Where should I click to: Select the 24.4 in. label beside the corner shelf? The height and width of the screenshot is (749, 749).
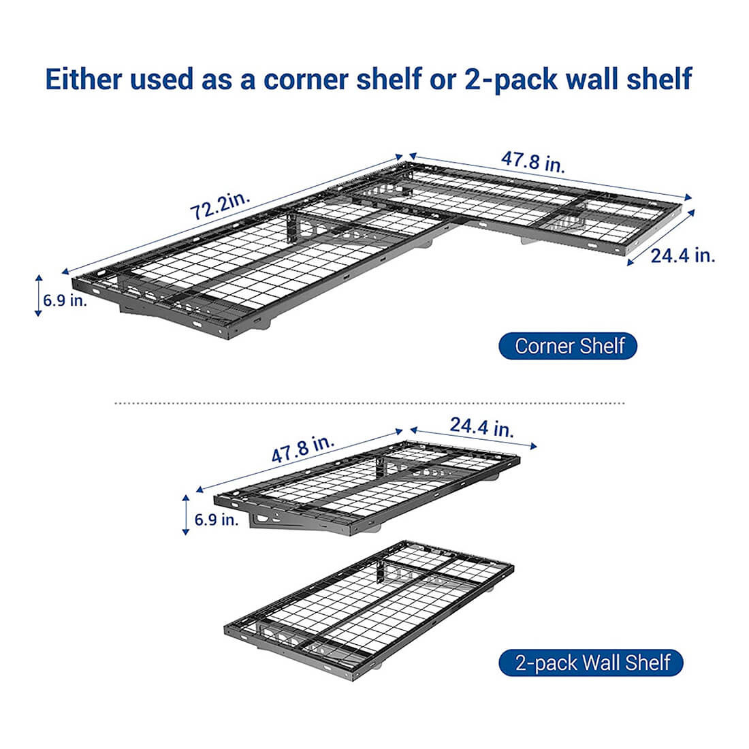(682, 256)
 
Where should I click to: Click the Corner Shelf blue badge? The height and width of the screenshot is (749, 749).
(569, 346)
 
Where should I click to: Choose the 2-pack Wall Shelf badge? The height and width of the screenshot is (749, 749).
(591, 663)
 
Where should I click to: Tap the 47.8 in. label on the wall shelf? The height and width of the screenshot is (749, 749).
(303, 450)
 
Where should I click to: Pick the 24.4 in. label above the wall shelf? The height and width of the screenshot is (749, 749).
(481, 428)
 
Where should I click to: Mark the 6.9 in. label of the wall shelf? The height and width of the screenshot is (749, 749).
(217, 520)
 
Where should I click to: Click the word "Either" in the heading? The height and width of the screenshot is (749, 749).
(83, 80)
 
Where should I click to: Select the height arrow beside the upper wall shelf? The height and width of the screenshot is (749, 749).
(186, 515)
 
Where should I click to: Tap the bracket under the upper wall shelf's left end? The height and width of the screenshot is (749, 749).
(272, 523)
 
